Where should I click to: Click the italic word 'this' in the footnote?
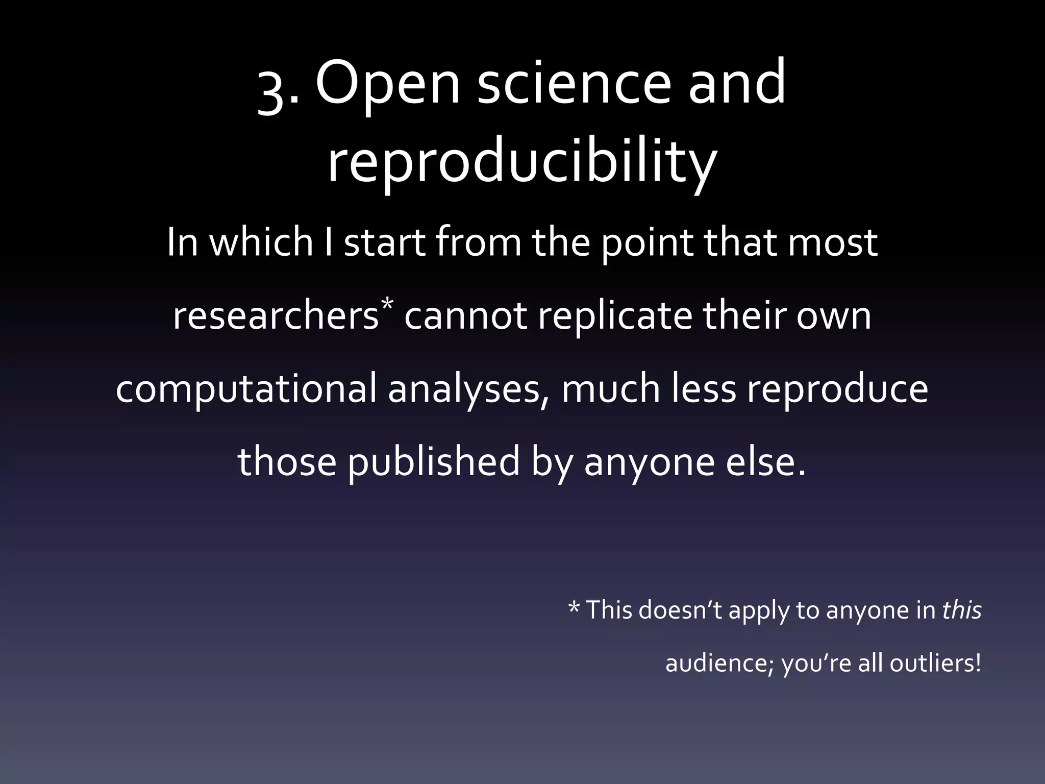[x=962, y=609]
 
